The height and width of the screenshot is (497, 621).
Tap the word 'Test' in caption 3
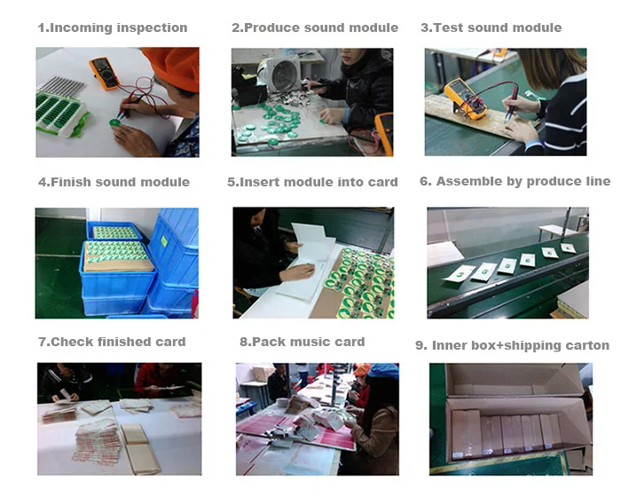pyautogui.click(x=447, y=28)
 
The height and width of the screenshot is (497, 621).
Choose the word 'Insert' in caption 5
pyautogui.click(x=258, y=182)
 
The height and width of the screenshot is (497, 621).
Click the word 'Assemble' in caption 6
pyautogui.click(x=467, y=181)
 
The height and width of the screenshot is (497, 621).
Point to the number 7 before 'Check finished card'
pyautogui.click(x=42, y=342)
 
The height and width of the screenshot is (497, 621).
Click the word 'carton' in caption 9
pyautogui.click(x=585, y=345)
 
